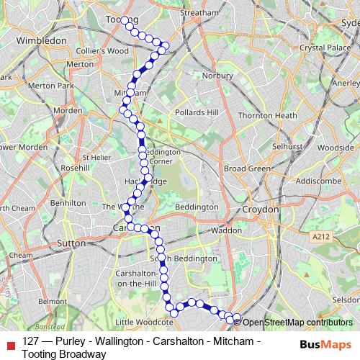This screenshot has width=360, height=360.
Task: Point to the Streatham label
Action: click(x=199, y=13)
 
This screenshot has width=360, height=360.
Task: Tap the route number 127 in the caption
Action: click(x=30, y=341)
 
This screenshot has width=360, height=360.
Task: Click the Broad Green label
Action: click(x=247, y=168)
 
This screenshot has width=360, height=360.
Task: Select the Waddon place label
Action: click(x=228, y=230)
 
